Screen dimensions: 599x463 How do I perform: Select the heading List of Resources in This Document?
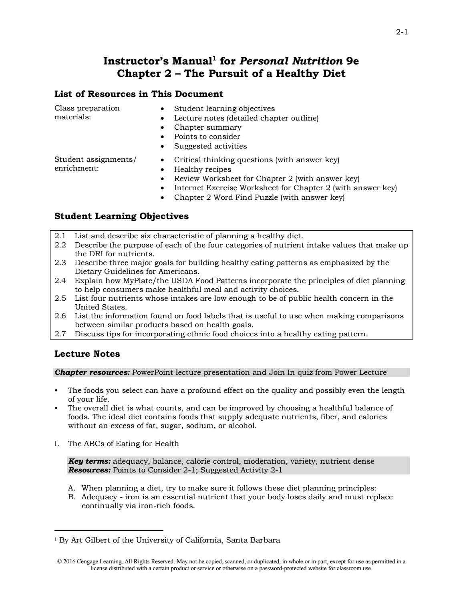point(139,94)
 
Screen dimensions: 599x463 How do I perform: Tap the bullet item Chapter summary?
point(207,127)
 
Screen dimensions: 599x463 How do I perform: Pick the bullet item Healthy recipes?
point(202,169)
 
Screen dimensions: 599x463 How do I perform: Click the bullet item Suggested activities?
point(210,146)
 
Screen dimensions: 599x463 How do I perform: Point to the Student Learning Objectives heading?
point(121,216)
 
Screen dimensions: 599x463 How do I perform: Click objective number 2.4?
point(60,281)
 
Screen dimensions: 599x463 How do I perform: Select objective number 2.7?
point(60,334)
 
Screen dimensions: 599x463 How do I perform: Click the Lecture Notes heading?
point(87,354)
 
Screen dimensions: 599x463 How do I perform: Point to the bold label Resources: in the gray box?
point(89,470)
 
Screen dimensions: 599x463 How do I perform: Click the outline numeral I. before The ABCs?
point(57,444)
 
